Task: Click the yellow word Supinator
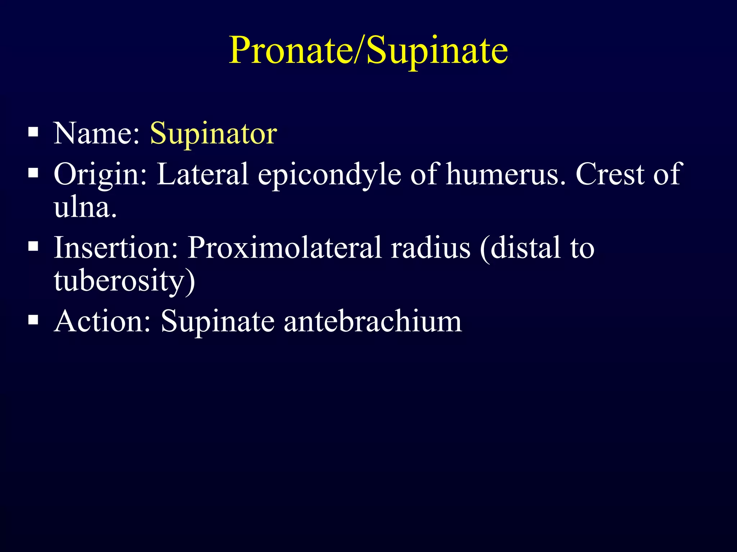click(213, 133)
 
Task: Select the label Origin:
click(100, 175)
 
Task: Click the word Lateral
click(203, 174)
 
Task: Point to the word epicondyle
click(329, 175)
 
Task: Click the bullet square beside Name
click(33, 132)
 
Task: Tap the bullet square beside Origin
click(33, 173)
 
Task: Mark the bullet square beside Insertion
click(33, 246)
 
